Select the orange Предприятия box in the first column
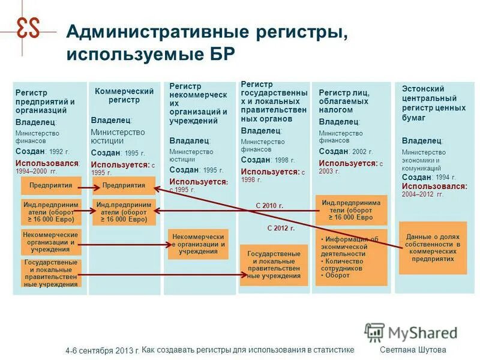(x=51, y=185)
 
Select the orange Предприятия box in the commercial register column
(x=124, y=185)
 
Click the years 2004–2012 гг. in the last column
(x=423, y=194)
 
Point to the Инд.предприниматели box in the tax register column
(x=352, y=210)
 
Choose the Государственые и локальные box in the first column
(x=51, y=273)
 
